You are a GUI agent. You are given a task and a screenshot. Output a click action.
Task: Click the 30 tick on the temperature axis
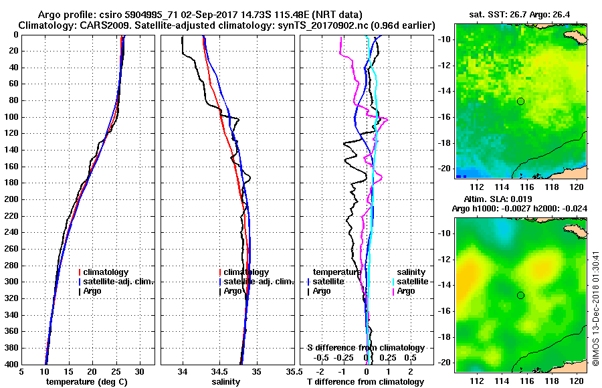coord(139,371)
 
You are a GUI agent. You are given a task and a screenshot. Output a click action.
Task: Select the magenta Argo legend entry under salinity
coord(405,291)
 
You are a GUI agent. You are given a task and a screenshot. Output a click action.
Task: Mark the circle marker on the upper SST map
coord(520,101)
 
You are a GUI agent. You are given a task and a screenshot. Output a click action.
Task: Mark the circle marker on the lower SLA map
coord(520,295)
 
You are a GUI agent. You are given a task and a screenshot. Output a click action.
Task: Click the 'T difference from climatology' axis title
coord(365,381)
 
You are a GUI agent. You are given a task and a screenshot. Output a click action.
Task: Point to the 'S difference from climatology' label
coord(366,348)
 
